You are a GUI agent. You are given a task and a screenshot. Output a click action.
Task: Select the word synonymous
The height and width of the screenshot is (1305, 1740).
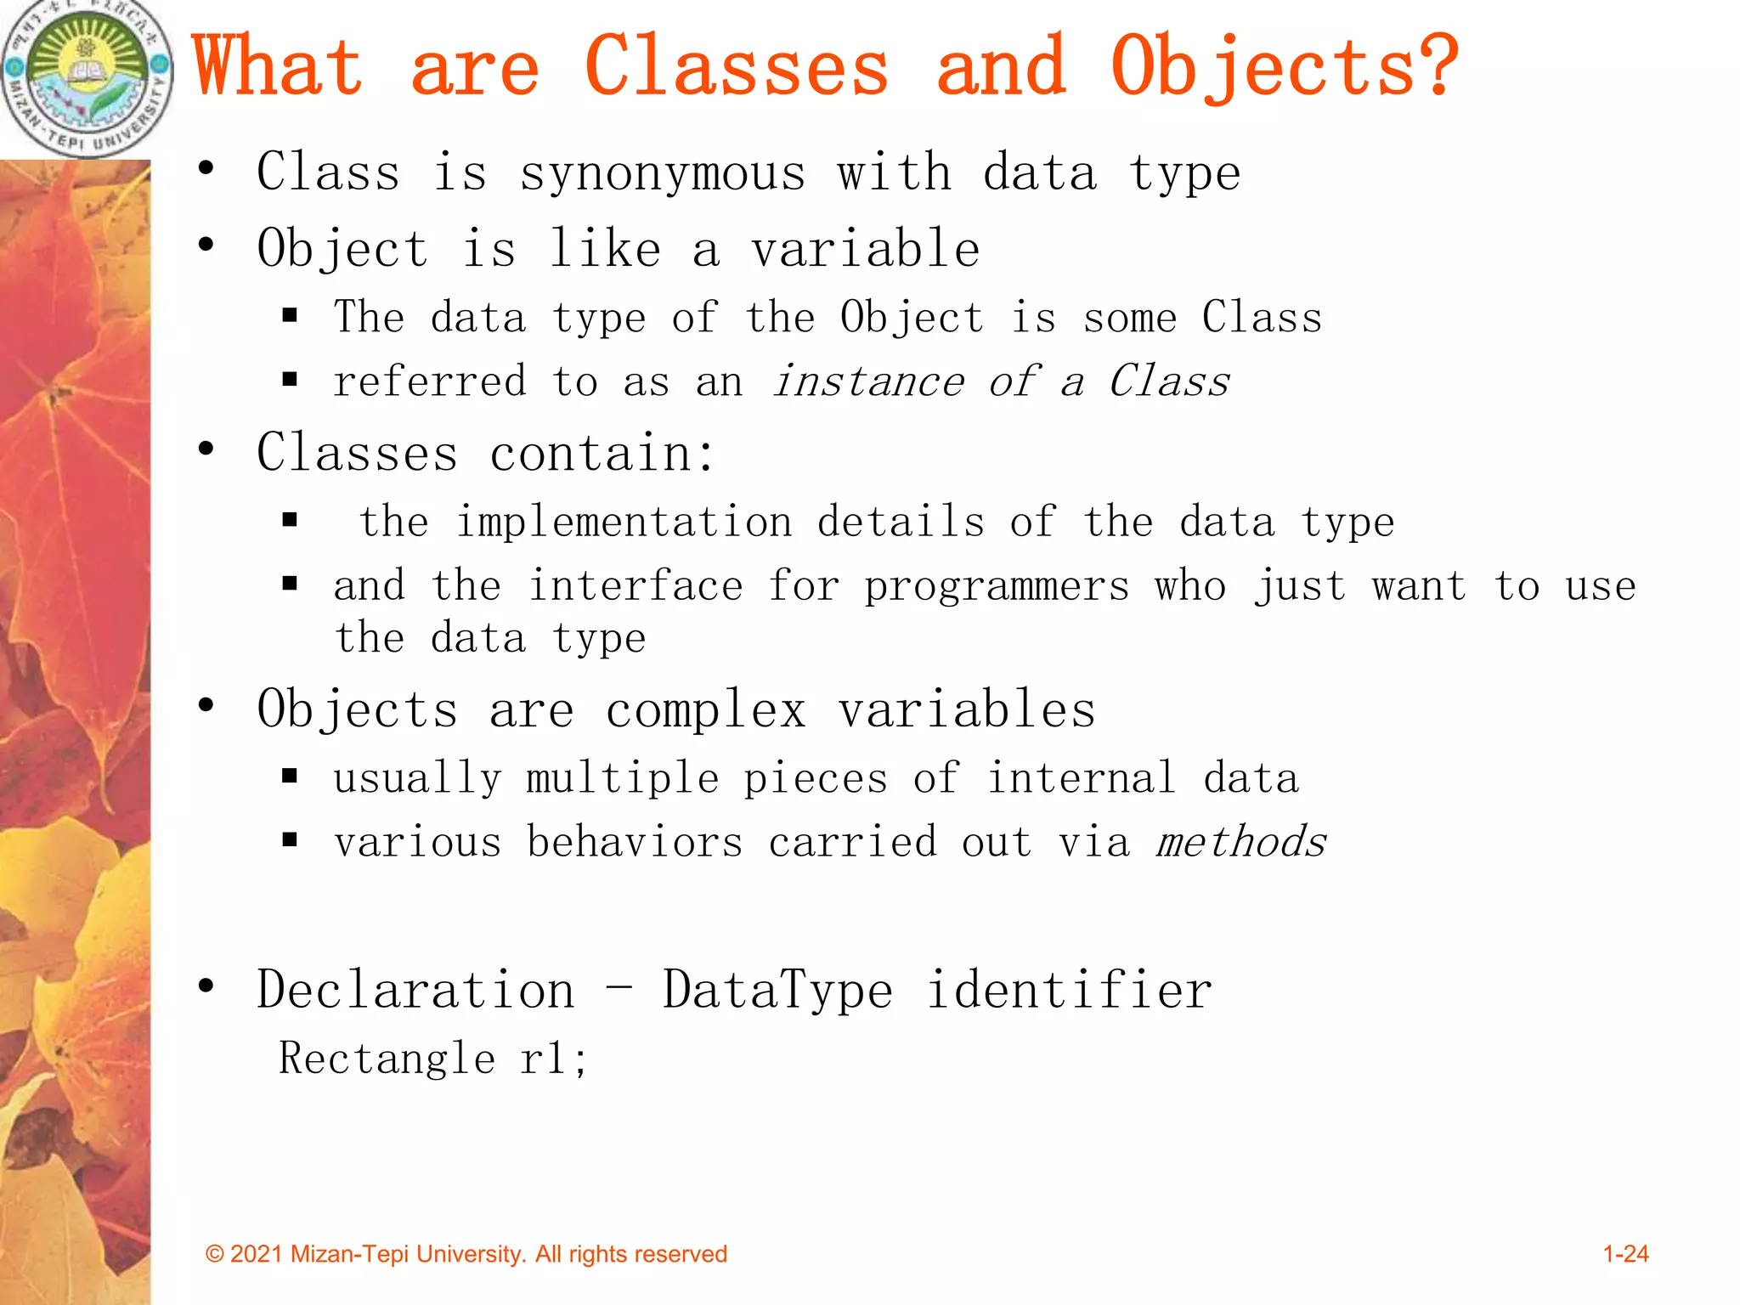click(x=662, y=173)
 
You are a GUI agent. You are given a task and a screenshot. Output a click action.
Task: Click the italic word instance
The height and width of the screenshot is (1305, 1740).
click(x=868, y=381)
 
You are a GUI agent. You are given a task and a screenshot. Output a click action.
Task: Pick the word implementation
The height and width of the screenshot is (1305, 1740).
click(x=624, y=522)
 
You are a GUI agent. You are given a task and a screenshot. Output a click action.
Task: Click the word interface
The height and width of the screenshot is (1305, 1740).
click(x=636, y=586)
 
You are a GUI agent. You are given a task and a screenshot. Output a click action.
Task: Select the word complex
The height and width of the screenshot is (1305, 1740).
click(x=705, y=710)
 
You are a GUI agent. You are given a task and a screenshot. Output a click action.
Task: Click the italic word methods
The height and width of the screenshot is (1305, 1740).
click(x=1240, y=842)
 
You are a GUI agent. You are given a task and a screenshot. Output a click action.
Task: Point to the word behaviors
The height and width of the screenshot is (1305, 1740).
click(x=634, y=842)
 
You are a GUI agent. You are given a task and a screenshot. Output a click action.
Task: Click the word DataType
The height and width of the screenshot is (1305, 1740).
click(x=777, y=991)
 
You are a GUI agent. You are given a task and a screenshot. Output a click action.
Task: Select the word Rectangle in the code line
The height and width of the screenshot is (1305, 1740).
click(x=387, y=1059)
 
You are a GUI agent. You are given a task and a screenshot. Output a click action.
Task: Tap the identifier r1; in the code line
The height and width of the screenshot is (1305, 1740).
click(x=553, y=1059)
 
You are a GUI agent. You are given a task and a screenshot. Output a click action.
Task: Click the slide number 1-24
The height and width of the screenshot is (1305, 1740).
click(x=1624, y=1254)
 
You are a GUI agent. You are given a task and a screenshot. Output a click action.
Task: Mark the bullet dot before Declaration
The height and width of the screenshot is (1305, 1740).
click(x=206, y=986)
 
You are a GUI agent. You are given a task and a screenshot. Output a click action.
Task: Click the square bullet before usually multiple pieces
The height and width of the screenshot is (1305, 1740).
click(x=290, y=776)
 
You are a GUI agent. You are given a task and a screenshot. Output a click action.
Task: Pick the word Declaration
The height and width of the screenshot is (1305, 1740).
click(x=415, y=991)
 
